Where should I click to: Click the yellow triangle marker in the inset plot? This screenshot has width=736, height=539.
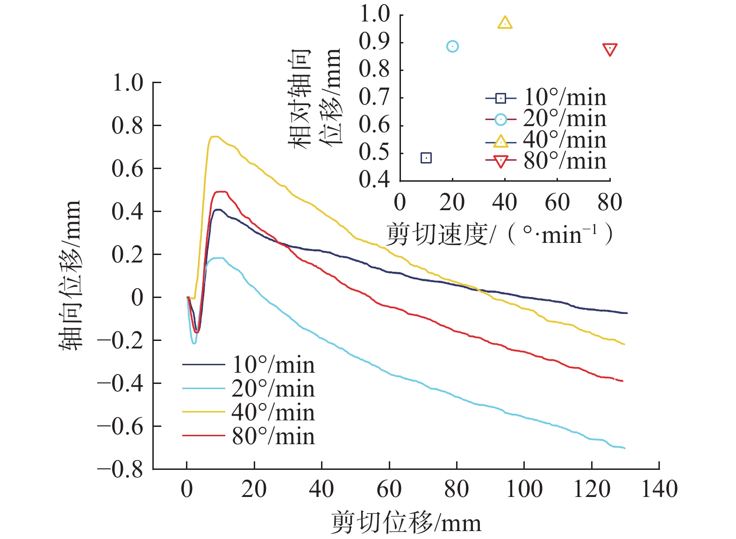click(505, 22)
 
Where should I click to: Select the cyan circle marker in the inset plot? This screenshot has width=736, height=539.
click(452, 46)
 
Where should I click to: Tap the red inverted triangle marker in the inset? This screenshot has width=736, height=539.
click(610, 50)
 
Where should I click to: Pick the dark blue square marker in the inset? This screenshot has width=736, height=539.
click(426, 158)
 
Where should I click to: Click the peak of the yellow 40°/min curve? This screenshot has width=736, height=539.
click(214, 137)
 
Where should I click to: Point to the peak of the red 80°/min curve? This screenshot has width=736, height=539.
click(220, 191)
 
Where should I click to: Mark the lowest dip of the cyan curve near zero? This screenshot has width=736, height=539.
click(194, 343)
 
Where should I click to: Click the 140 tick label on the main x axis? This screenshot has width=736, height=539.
click(659, 489)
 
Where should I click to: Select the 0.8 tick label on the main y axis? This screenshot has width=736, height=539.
click(127, 125)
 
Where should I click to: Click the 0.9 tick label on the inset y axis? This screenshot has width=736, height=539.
click(374, 42)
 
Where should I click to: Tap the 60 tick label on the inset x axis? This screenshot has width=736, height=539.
click(557, 203)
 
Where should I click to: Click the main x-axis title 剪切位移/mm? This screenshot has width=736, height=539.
click(406, 523)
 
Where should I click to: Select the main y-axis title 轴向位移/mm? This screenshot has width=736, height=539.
click(70, 276)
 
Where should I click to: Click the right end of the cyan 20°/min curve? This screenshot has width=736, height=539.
click(624, 448)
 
